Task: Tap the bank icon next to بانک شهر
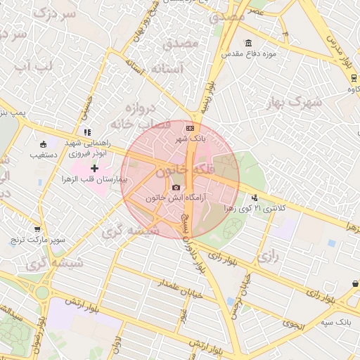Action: [x=190, y=128]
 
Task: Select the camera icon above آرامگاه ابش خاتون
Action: [x=176, y=187]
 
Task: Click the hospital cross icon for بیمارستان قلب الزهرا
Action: [x=94, y=168]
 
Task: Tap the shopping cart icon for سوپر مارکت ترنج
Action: [x=37, y=229]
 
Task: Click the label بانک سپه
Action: [x=335, y=322]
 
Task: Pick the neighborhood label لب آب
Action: [x=33, y=67]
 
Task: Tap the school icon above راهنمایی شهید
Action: [x=87, y=131]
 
